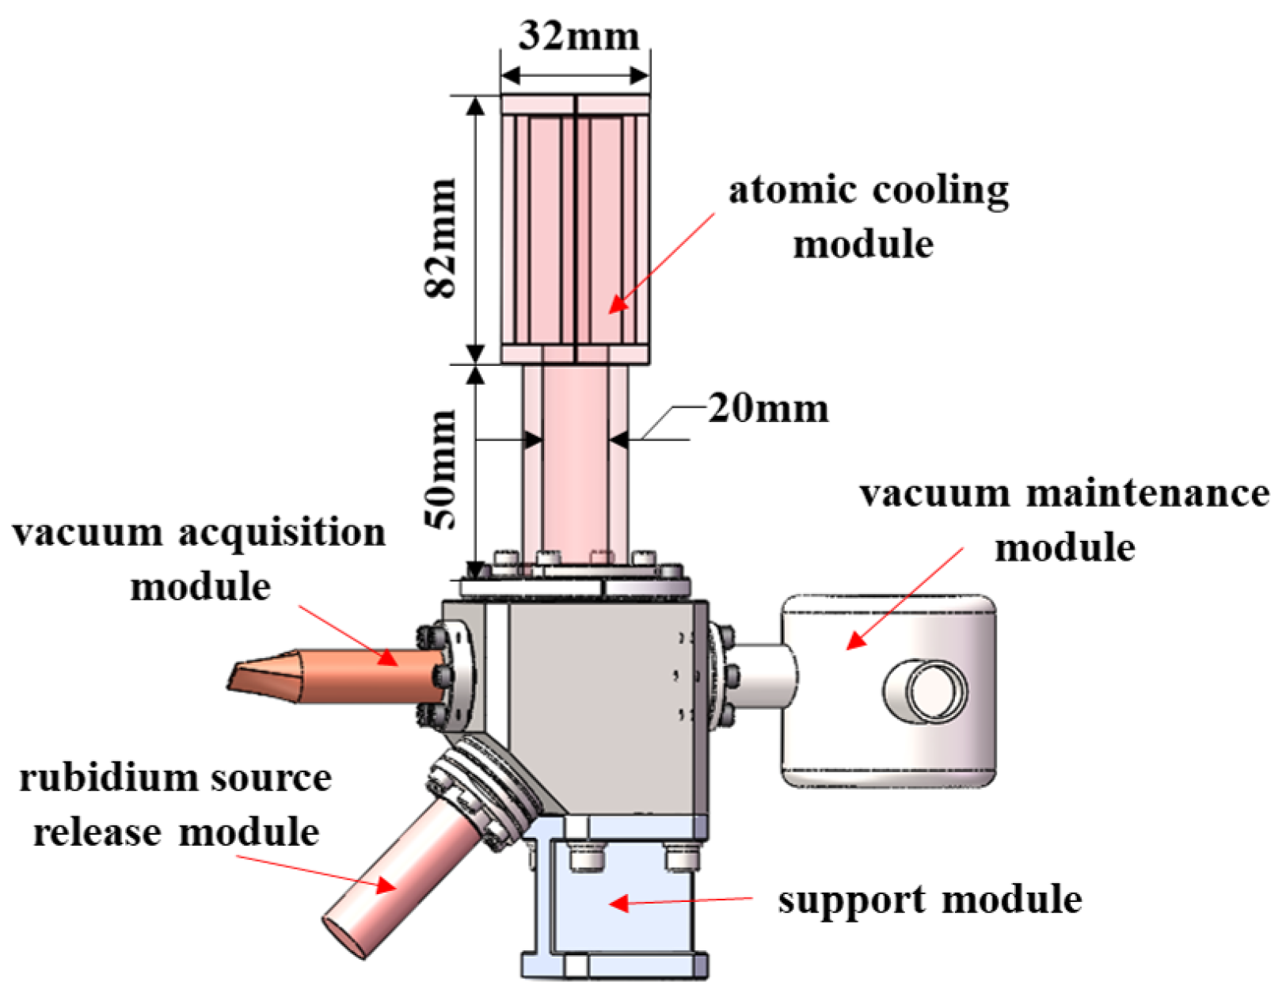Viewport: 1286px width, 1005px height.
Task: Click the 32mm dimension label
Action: pyautogui.click(x=578, y=36)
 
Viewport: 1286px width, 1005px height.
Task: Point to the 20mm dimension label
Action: pyautogui.click(x=768, y=409)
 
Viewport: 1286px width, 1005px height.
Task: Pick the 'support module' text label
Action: pyautogui.click(x=929, y=900)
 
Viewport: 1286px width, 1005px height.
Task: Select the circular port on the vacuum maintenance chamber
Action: pyautogui.click(x=926, y=689)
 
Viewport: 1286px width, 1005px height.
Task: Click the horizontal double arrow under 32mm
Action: pyautogui.click(x=576, y=76)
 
